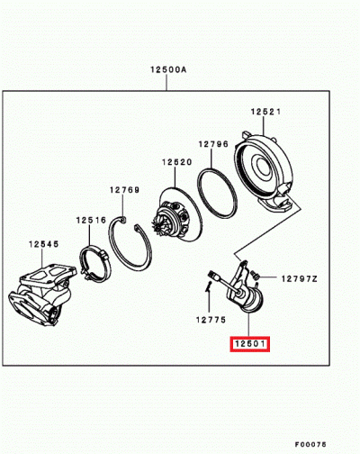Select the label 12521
(x=267, y=111)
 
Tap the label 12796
(x=214, y=143)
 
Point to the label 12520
(x=177, y=163)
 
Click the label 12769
(x=125, y=190)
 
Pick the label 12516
(x=91, y=219)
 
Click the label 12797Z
(x=300, y=279)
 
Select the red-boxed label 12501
(x=248, y=343)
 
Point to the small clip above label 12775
(x=209, y=287)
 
